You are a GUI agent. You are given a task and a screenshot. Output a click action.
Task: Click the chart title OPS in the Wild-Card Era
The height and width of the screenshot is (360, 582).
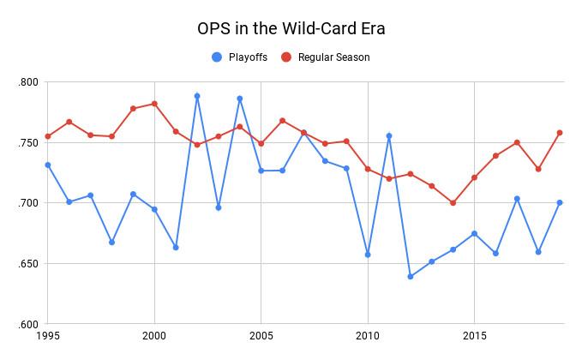tap(291, 28)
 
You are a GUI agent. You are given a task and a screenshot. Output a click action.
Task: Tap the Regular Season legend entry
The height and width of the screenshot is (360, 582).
tap(333, 57)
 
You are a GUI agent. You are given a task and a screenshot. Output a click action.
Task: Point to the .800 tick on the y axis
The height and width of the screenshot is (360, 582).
tap(28, 82)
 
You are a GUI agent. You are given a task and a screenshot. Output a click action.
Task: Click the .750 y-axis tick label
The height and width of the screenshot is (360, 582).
tap(28, 142)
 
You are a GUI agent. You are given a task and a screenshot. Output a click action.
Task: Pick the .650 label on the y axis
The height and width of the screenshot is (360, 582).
tap(28, 264)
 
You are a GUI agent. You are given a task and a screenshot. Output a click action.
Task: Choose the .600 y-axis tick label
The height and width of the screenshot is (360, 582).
tap(28, 324)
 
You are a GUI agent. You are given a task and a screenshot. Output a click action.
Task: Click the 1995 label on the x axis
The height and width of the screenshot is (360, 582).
tap(48, 336)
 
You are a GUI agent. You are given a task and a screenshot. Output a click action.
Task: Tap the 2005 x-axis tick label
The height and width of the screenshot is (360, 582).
tap(261, 336)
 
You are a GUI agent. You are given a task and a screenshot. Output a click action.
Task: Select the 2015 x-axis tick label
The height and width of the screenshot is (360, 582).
tap(475, 336)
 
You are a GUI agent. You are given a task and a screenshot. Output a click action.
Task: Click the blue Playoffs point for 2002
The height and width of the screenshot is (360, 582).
tap(197, 96)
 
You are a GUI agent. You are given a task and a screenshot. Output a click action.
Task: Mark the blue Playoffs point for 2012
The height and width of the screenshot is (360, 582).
tap(411, 277)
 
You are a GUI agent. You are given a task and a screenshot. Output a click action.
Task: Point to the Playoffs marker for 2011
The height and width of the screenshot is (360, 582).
tap(389, 135)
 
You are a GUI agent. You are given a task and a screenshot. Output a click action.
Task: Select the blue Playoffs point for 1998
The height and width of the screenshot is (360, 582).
tap(111, 243)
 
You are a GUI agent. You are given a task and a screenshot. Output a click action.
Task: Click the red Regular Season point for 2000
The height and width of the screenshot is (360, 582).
tap(154, 104)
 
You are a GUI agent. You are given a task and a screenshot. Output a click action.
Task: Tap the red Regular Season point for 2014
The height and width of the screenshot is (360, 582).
tap(453, 203)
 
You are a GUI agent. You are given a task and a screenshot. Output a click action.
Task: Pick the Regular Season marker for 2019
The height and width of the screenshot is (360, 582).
tap(560, 133)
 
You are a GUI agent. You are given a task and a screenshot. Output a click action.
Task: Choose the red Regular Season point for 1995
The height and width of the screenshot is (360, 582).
tap(48, 136)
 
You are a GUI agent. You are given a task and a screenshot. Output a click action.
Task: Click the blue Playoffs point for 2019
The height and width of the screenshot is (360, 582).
tap(560, 203)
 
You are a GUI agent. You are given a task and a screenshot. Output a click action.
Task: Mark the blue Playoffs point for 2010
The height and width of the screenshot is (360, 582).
tap(368, 255)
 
